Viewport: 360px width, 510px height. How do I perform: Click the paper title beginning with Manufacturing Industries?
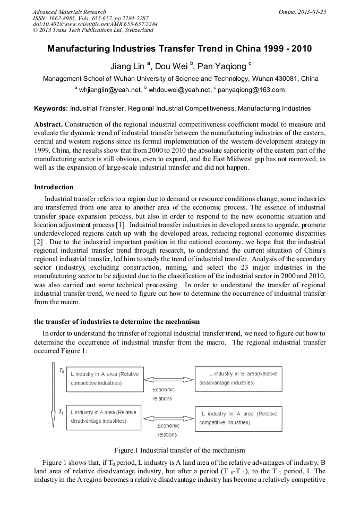point(179,49)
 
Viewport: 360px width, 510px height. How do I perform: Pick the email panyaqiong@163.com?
point(251,90)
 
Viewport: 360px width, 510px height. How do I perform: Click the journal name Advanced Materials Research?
point(69,12)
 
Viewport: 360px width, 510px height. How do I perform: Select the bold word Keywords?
point(50,108)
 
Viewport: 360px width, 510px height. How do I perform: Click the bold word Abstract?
point(48,123)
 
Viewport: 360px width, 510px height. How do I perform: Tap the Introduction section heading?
point(54,187)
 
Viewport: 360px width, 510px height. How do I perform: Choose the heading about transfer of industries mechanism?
point(117,322)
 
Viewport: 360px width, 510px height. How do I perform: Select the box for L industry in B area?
point(238,378)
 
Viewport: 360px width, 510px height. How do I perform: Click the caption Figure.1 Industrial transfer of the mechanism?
point(179,450)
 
